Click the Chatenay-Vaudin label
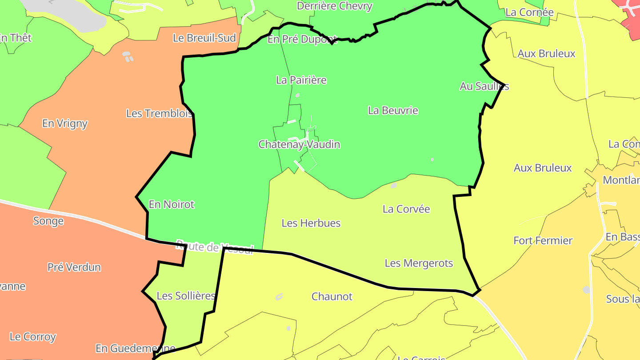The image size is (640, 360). [300, 144]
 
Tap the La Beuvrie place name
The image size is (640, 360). [393, 110]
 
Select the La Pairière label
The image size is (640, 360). [301, 80]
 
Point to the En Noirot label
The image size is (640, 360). [172, 204]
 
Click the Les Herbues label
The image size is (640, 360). [311, 223]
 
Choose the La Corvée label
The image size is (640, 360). [406, 209]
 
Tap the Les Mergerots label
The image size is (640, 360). [419, 263]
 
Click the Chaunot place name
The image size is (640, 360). [332, 296]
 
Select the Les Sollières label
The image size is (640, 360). [186, 296]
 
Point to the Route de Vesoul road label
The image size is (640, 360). [215, 246]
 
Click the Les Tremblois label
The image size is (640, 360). [159, 113]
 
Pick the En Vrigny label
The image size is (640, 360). [65, 124]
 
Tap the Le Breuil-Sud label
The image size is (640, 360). [204, 38]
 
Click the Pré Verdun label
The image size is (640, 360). [74, 267]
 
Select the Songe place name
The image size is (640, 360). [48, 221]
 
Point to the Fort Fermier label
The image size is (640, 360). [543, 240]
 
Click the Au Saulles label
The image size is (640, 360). [484, 86]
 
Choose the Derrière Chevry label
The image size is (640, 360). [335, 6]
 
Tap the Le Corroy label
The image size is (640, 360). [33, 337]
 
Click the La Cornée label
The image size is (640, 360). [529, 12]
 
